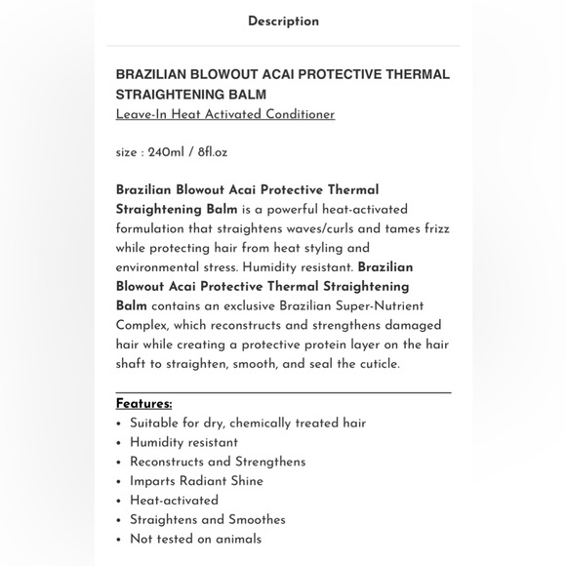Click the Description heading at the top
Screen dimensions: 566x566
point(283,21)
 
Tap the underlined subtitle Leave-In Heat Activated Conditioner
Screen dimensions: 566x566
point(225,115)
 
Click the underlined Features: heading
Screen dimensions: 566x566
point(143,404)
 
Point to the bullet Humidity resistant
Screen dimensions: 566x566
point(183,443)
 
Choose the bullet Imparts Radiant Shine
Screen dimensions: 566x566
point(196,481)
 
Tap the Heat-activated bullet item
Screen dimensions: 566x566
point(174,501)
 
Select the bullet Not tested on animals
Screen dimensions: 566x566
point(195,539)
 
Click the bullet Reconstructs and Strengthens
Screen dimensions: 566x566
point(218,463)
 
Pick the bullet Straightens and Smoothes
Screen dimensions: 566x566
point(208,520)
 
